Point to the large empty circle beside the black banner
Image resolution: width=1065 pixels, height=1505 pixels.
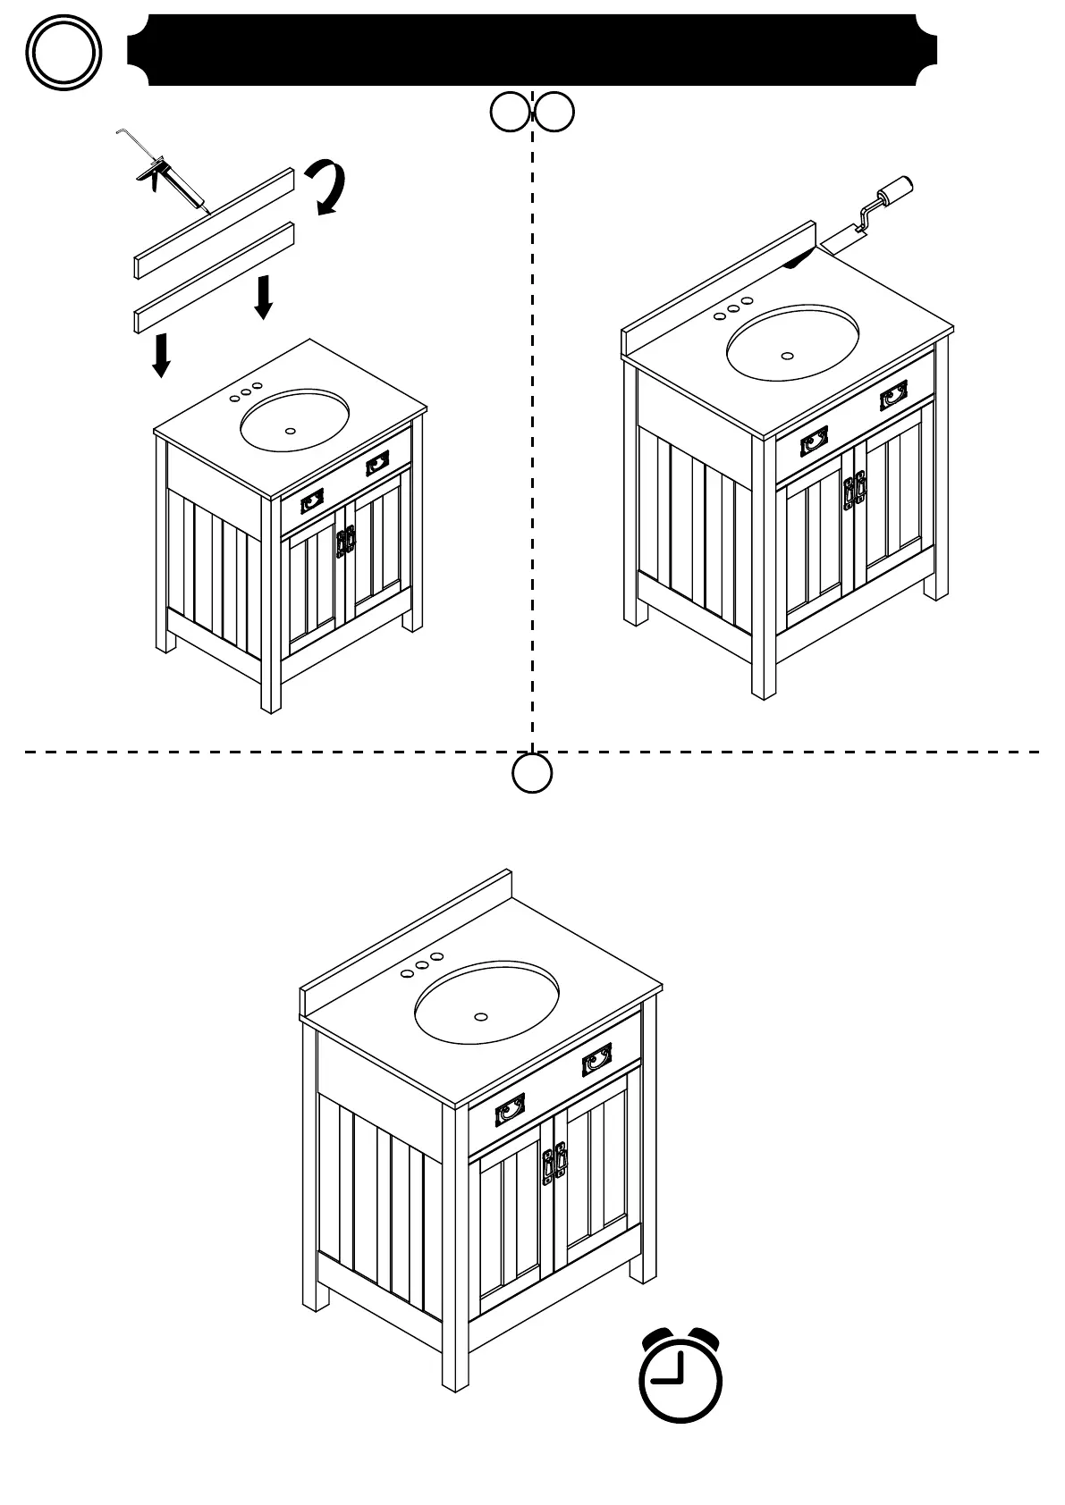(63, 51)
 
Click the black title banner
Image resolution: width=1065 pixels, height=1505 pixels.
(532, 50)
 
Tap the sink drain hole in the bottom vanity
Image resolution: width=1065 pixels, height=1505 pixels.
(481, 1017)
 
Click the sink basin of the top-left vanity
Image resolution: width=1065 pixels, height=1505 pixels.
(294, 420)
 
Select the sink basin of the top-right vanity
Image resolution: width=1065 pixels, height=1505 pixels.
(792, 342)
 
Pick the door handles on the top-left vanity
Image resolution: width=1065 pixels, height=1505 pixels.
(345, 542)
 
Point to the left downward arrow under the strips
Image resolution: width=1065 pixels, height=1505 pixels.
(161, 355)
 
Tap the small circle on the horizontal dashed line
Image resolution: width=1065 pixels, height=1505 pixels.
(532, 772)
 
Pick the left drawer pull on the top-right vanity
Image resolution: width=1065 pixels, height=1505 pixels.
(814, 441)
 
